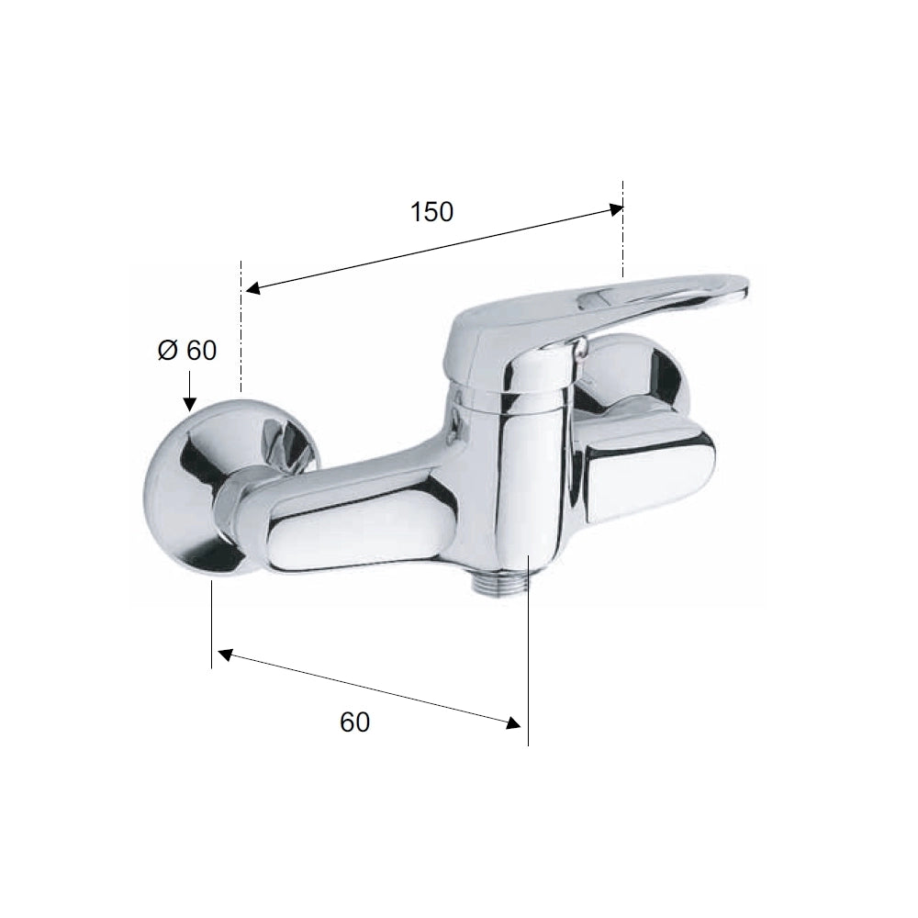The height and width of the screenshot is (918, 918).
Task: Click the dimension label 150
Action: coord(431,212)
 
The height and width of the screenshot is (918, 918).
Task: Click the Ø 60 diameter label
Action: coord(187,350)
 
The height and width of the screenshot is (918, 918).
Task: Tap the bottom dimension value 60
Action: coord(354,722)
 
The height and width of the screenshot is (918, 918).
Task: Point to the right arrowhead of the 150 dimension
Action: coord(616,209)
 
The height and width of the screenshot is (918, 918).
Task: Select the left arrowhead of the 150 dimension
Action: coord(252,288)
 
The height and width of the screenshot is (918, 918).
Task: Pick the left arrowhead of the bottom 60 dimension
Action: coord(226,655)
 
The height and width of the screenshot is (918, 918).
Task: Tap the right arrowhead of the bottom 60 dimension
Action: coord(513,722)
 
